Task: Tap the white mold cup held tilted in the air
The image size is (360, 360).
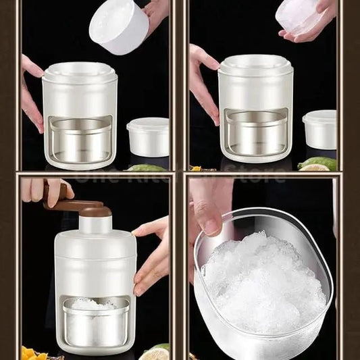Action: (119, 26)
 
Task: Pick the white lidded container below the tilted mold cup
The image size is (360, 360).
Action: (148, 136)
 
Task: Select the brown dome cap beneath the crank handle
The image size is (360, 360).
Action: (96, 212)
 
